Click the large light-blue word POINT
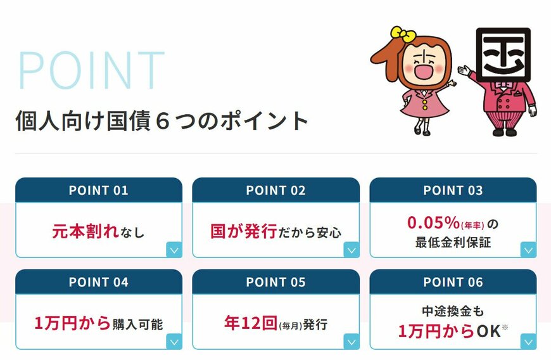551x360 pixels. (92, 68)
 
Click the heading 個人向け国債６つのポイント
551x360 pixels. (161, 120)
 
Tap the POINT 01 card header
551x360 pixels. (98, 190)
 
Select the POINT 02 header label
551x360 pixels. (275, 190)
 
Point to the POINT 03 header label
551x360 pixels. (453, 190)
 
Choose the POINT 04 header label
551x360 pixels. (98, 282)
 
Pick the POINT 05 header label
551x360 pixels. (275, 282)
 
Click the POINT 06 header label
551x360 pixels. (453, 282)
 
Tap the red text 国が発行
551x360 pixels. (243, 231)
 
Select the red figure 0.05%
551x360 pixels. (437, 224)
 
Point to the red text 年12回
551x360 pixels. (250, 323)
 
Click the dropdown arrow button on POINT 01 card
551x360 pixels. (174, 250)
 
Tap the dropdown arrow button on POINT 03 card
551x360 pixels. (528, 250)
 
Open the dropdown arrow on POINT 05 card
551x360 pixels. (351, 342)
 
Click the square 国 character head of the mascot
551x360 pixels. (503, 54)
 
